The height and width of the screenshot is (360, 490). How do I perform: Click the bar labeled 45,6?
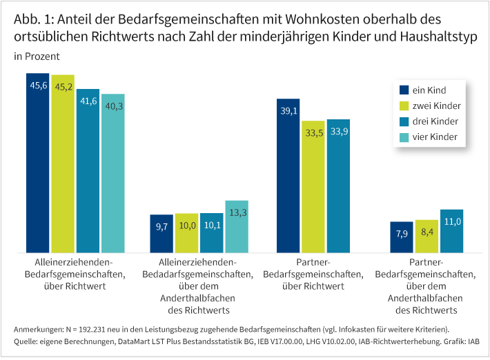click(38, 162)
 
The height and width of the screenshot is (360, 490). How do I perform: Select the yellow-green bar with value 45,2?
click(63, 163)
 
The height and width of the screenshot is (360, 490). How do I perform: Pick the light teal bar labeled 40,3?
click(112, 172)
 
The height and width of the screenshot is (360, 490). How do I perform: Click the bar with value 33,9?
click(338, 186)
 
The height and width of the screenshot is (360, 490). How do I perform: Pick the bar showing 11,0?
click(451, 230)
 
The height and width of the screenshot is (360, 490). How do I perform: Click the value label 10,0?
click(187, 226)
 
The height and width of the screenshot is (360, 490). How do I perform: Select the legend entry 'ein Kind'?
click(428, 90)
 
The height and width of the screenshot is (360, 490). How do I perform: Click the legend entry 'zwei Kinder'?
click(435, 106)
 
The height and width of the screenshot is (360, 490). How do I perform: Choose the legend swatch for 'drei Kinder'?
click(404, 122)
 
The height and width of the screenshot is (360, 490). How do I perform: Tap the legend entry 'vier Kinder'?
click(435, 138)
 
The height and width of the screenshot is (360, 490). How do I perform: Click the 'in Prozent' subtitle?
click(37, 56)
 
